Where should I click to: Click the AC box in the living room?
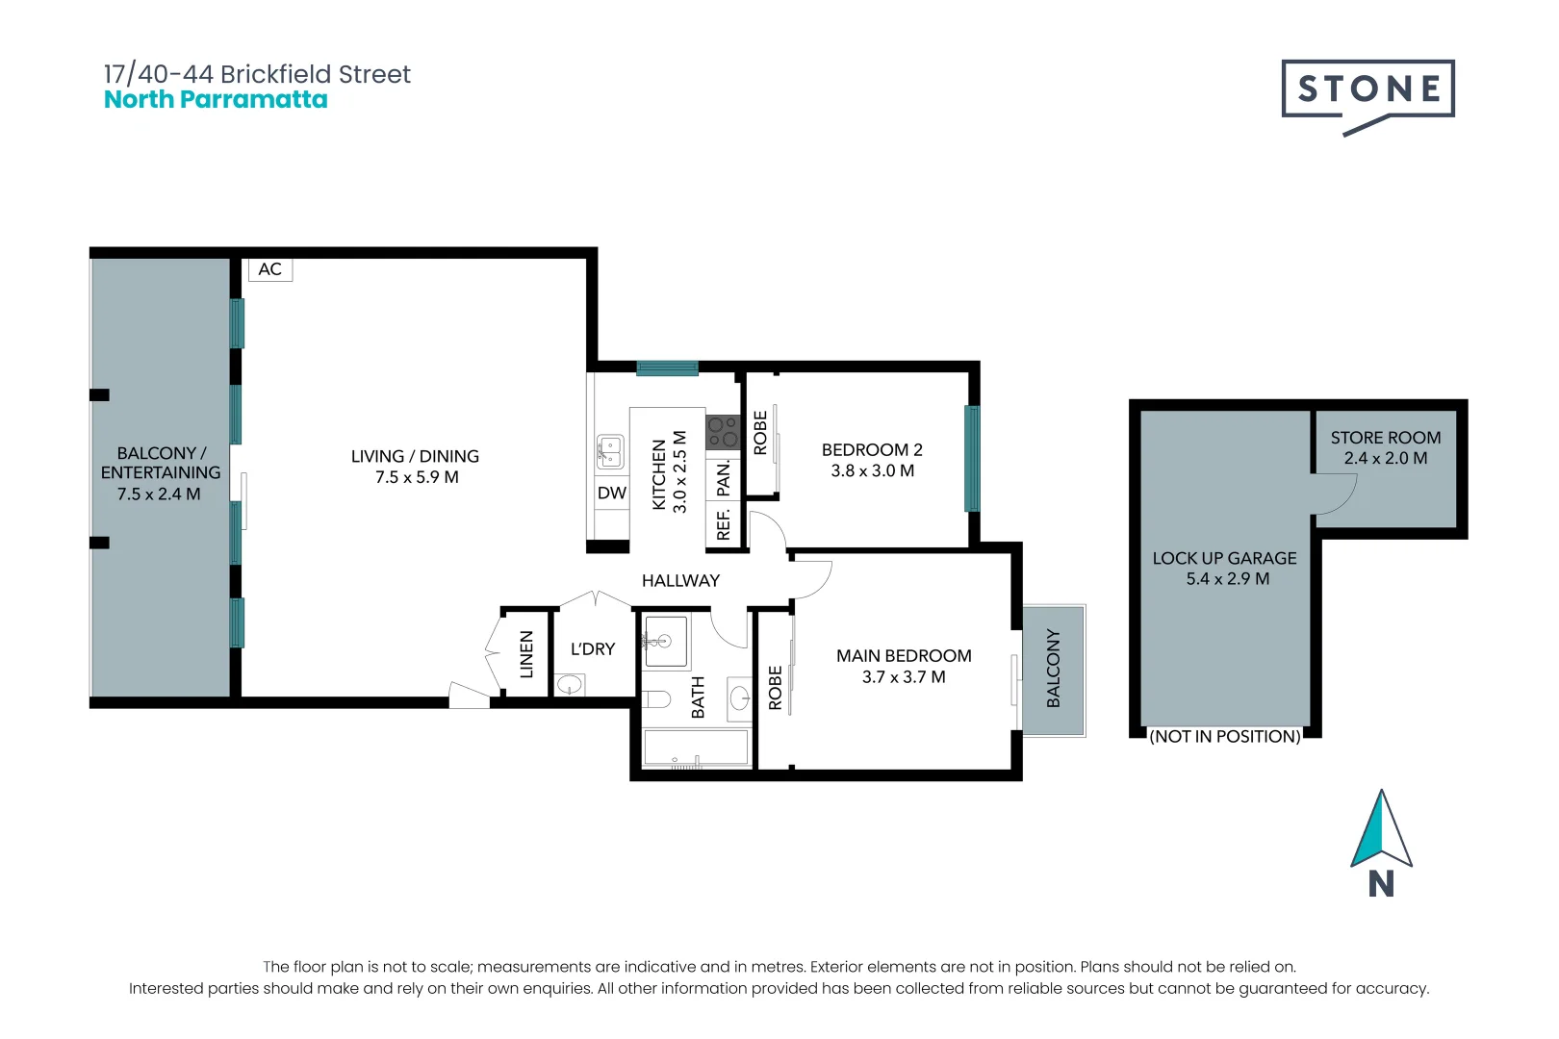[x=270, y=269]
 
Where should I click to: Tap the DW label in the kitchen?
[x=612, y=494]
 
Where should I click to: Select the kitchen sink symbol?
[x=610, y=451]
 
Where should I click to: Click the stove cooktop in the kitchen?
[x=724, y=432]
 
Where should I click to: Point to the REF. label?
[x=724, y=525]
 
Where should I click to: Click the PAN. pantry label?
[x=724, y=478]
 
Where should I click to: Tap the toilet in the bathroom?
[x=657, y=698]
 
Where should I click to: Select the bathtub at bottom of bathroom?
[x=696, y=748]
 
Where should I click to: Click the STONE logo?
[x=1367, y=90]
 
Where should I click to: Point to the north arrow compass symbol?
[x=1381, y=831]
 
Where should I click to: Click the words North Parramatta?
[x=216, y=100]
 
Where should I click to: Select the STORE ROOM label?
[x=1386, y=438]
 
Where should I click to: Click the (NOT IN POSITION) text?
[x=1225, y=737]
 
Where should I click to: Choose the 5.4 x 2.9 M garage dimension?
[x=1227, y=579]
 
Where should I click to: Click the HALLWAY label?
[x=680, y=581]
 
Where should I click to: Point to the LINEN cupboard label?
[x=526, y=654]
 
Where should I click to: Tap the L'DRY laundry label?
[x=593, y=649]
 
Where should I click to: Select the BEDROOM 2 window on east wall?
[x=972, y=459]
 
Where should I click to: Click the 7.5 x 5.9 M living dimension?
[x=417, y=477]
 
